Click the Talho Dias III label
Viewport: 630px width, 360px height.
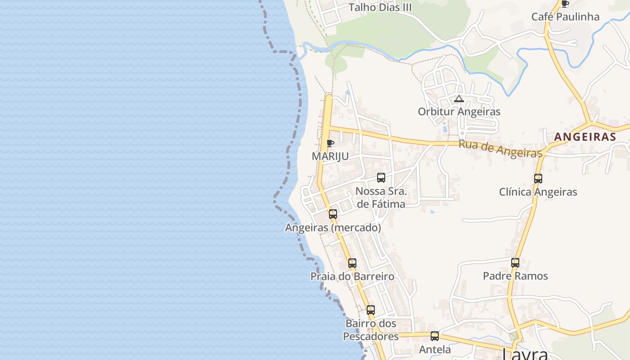tap(380, 8)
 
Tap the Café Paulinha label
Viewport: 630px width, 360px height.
tap(565, 17)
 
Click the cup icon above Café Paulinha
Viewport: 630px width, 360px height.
tap(565, 4)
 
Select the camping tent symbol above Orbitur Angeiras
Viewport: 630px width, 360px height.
tap(459, 99)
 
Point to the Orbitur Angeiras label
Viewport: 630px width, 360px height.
tap(459, 111)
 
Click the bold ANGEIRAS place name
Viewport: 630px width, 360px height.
tap(585, 137)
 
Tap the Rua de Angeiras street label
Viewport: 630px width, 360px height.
tap(500, 148)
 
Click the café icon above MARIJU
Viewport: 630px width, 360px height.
tap(330, 144)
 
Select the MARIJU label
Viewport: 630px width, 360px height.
tap(330, 156)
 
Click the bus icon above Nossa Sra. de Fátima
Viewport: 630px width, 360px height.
tap(381, 178)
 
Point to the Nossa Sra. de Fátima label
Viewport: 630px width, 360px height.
tap(381, 198)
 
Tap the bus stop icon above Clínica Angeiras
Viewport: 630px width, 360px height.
tap(538, 179)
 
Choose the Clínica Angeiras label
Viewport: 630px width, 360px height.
tap(538, 192)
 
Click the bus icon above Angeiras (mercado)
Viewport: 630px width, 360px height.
tap(333, 214)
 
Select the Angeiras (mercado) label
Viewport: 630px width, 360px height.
tap(333, 228)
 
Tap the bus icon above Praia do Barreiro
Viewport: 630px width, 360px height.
tap(352, 263)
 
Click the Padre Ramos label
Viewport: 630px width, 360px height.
tap(515, 275)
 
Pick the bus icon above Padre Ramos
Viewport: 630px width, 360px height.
tap(515, 262)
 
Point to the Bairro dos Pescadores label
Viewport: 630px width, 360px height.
tap(371, 330)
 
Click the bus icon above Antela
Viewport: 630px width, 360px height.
tap(435, 336)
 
